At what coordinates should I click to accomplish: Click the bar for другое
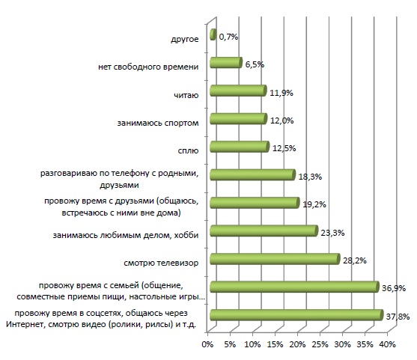pyautogui.click(x=213, y=34)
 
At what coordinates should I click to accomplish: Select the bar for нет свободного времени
pyautogui.click(x=226, y=62)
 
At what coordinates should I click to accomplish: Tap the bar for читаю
pyautogui.click(x=238, y=91)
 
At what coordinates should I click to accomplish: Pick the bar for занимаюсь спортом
pyautogui.click(x=239, y=118)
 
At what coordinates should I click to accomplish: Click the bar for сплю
pyautogui.click(x=240, y=147)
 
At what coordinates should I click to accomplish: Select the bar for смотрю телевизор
pyautogui.click(x=275, y=259)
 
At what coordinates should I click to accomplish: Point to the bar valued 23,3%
pyautogui.click(x=264, y=231)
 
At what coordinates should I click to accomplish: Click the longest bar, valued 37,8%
pyautogui.click(x=296, y=315)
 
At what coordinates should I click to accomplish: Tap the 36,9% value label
pyautogui.click(x=394, y=288)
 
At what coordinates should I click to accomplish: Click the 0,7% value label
pyautogui.click(x=228, y=37)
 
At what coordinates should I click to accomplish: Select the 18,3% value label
pyautogui.click(x=310, y=177)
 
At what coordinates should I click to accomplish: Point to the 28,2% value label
pyautogui.click(x=355, y=260)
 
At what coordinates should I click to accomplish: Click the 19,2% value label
pyautogui.click(x=314, y=204)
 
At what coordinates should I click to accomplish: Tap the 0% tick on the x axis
pyautogui.click(x=207, y=344)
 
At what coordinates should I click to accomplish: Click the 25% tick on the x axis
pyautogui.click(x=320, y=344)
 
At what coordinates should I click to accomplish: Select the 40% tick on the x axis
pyautogui.click(x=388, y=344)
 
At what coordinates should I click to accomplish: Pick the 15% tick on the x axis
pyautogui.click(x=275, y=344)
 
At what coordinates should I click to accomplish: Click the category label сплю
pyautogui.click(x=188, y=150)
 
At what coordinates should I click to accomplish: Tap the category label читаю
pyautogui.click(x=186, y=95)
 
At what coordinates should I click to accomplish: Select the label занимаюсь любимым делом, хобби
pyautogui.click(x=126, y=235)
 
